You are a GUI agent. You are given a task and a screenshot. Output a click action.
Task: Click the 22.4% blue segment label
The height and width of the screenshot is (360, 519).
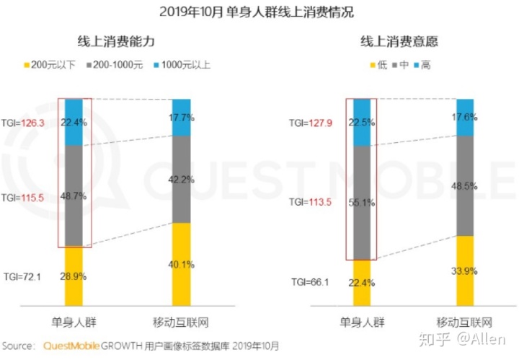click(x=74, y=122)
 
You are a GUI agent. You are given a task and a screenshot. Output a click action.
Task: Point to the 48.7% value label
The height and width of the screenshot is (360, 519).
click(x=74, y=196)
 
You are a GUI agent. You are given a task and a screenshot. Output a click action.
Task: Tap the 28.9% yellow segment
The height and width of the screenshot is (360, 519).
click(x=74, y=276)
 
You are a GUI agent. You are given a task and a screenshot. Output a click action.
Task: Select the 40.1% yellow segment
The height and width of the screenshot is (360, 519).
click(x=182, y=263)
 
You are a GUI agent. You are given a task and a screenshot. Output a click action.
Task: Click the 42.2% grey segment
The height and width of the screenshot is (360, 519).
click(x=182, y=180)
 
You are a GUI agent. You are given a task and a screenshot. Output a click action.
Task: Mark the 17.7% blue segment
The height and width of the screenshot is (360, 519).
click(x=182, y=117)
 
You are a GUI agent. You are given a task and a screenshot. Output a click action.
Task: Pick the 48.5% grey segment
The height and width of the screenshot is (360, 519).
click(x=465, y=185)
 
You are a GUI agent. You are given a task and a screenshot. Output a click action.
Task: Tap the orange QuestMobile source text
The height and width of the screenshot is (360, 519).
click(x=73, y=345)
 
